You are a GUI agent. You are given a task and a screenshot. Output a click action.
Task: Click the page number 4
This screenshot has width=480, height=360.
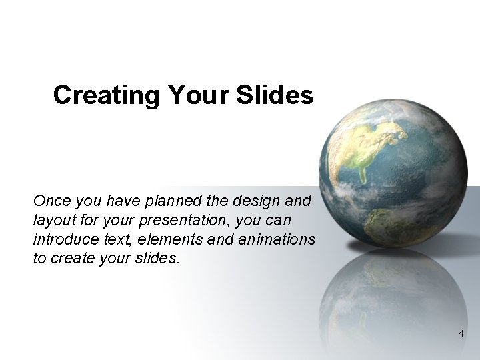(x=461, y=333)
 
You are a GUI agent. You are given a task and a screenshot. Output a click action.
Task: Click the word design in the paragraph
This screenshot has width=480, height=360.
(x=257, y=201)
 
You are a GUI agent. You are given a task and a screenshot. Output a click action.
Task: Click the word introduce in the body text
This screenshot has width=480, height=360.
(x=61, y=239)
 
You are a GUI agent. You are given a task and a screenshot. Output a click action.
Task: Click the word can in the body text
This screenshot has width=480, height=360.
(x=275, y=220)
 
